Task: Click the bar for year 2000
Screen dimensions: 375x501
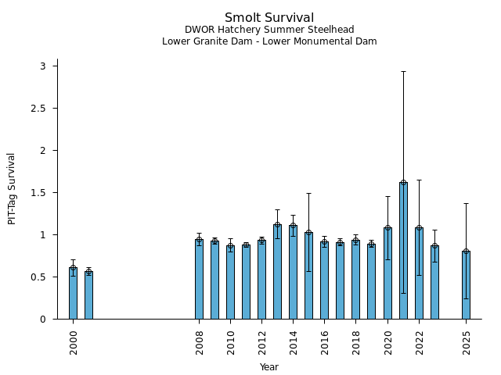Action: tap(73, 293)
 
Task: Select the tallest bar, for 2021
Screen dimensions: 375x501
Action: tap(403, 250)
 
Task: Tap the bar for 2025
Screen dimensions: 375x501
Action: tap(466, 285)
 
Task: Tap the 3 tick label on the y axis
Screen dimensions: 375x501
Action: tap(44, 66)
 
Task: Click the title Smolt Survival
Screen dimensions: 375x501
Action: tap(269, 18)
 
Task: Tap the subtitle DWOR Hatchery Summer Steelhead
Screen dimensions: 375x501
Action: tap(269, 30)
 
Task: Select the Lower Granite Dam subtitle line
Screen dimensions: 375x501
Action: tap(269, 41)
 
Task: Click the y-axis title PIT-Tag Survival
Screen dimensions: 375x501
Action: tap(12, 188)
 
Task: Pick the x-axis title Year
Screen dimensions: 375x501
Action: tap(269, 367)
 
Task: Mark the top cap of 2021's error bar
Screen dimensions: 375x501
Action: tap(403, 71)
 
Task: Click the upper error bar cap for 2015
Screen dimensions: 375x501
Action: tap(308, 193)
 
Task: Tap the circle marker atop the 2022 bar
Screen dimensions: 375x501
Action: tap(419, 228)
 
